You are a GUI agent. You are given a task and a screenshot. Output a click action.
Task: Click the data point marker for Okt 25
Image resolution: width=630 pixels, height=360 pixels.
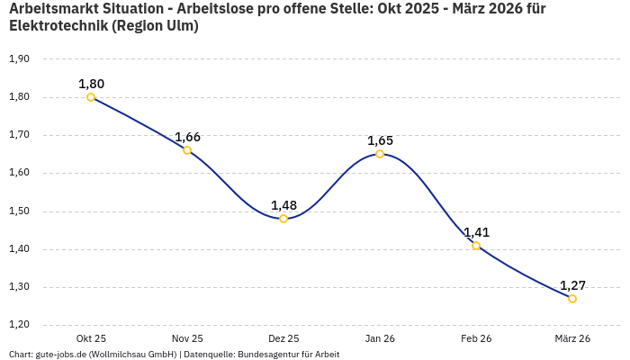tap(91, 97)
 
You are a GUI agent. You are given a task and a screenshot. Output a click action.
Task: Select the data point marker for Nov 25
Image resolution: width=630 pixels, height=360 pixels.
tap(187, 150)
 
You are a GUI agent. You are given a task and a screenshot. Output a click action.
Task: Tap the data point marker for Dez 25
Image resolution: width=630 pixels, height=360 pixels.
tap(283, 219)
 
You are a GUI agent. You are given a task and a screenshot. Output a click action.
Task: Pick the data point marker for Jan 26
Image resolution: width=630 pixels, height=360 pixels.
tap(380, 154)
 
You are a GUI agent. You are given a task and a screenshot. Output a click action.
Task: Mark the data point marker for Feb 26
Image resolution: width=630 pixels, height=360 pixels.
tap(476, 246)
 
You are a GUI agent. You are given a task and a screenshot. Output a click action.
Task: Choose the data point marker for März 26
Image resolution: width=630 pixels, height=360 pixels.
tap(572, 299)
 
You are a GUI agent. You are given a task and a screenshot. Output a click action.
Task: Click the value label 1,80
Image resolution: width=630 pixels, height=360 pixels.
tap(91, 84)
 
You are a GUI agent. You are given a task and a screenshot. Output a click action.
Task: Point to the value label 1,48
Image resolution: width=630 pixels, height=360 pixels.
tap(283, 205)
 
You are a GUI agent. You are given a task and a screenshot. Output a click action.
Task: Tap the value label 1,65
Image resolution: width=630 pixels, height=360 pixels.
tap(380, 140)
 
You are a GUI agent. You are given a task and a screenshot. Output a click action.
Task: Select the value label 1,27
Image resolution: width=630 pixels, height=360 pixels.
tap(572, 285)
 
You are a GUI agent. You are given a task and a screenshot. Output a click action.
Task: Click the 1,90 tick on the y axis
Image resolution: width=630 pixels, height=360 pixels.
tap(19, 58)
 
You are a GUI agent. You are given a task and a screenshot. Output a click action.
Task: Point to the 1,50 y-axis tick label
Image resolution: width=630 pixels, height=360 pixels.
tap(19, 211)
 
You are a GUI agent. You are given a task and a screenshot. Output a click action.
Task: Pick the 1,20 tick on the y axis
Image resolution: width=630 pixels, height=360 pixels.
tap(19, 325)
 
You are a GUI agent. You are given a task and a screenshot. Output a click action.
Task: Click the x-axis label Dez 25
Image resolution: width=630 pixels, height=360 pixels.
tap(283, 338)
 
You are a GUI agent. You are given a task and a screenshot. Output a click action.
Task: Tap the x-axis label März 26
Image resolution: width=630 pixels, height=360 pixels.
tap(572, 338)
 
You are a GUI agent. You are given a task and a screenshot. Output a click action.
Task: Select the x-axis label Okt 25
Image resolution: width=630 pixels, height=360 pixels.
tap(91, 338)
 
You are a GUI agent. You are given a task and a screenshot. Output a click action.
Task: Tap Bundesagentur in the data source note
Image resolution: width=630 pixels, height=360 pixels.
tap(266, 355)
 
